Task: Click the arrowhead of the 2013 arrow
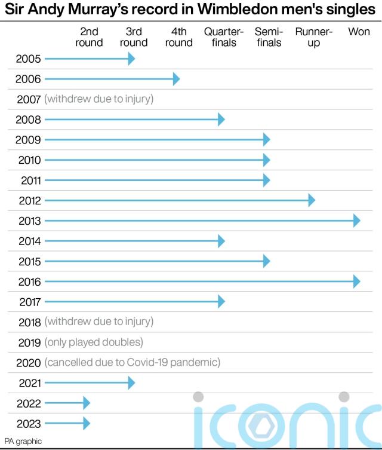tap(356, 221)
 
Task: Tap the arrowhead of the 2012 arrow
tap(312, 200)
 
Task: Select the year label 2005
tap(28, 59)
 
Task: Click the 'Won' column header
tap(359, 32)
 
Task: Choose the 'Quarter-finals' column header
tap(224, 37)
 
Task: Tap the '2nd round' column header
tap(90, 37)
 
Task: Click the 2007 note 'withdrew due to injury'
tap(98, 99)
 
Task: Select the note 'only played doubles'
tap(94, 342)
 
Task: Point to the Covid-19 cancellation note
tap(132, 363)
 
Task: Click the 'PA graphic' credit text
tap(23, 441)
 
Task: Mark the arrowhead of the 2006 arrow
tap(176, 79)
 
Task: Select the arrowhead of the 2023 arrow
tap(87, 423)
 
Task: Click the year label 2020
tap(28, 363)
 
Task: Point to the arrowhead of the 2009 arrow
tap(267, 140)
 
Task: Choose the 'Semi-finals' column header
tap(269, 37)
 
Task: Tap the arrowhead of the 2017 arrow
tap(221, 302)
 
